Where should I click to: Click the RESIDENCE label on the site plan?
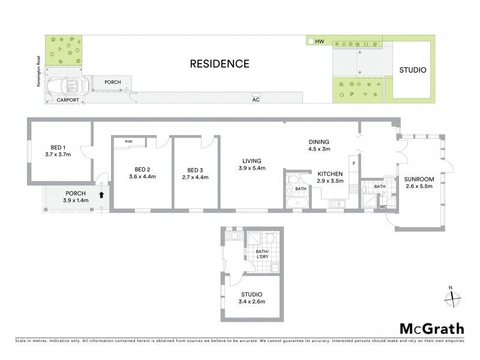[219, 64]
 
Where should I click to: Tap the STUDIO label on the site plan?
[413, 70]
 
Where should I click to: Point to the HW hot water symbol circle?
[310, 42]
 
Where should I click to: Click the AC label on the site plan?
[256, 100]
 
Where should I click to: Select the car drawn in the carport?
[67, 88]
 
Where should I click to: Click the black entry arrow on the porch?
[101, 194]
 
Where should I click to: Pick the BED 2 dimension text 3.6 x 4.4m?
[142, 176]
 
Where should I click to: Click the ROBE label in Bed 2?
[128, 141]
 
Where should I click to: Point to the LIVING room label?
[251, 161]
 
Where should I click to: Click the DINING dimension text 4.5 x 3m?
[319, 150]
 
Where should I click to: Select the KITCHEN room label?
[330, 173]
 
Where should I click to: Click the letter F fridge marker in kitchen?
[355, 163]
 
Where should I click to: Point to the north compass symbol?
[453, 296]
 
